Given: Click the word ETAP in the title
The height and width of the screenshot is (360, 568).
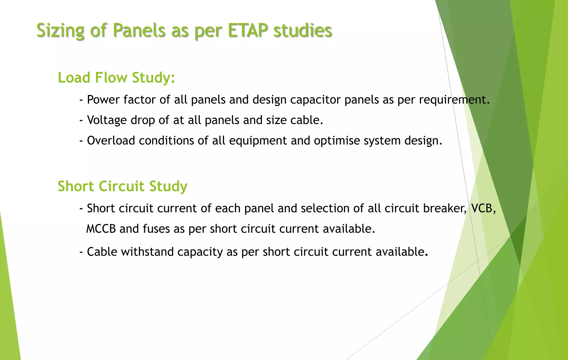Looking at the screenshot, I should point(248,30).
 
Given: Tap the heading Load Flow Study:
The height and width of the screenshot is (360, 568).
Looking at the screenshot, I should point(116,77).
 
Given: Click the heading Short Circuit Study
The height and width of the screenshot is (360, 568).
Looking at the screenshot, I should point(122,186).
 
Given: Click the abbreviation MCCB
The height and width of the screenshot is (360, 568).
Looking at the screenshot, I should point(101,229).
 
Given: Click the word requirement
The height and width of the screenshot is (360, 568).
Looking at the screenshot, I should point(454,100).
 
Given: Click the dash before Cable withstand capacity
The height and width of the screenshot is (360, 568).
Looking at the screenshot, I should point(81,252).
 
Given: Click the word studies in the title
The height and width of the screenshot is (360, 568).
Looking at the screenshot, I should point(303,30).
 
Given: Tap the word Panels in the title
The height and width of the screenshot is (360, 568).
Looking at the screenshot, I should point(139,30).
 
